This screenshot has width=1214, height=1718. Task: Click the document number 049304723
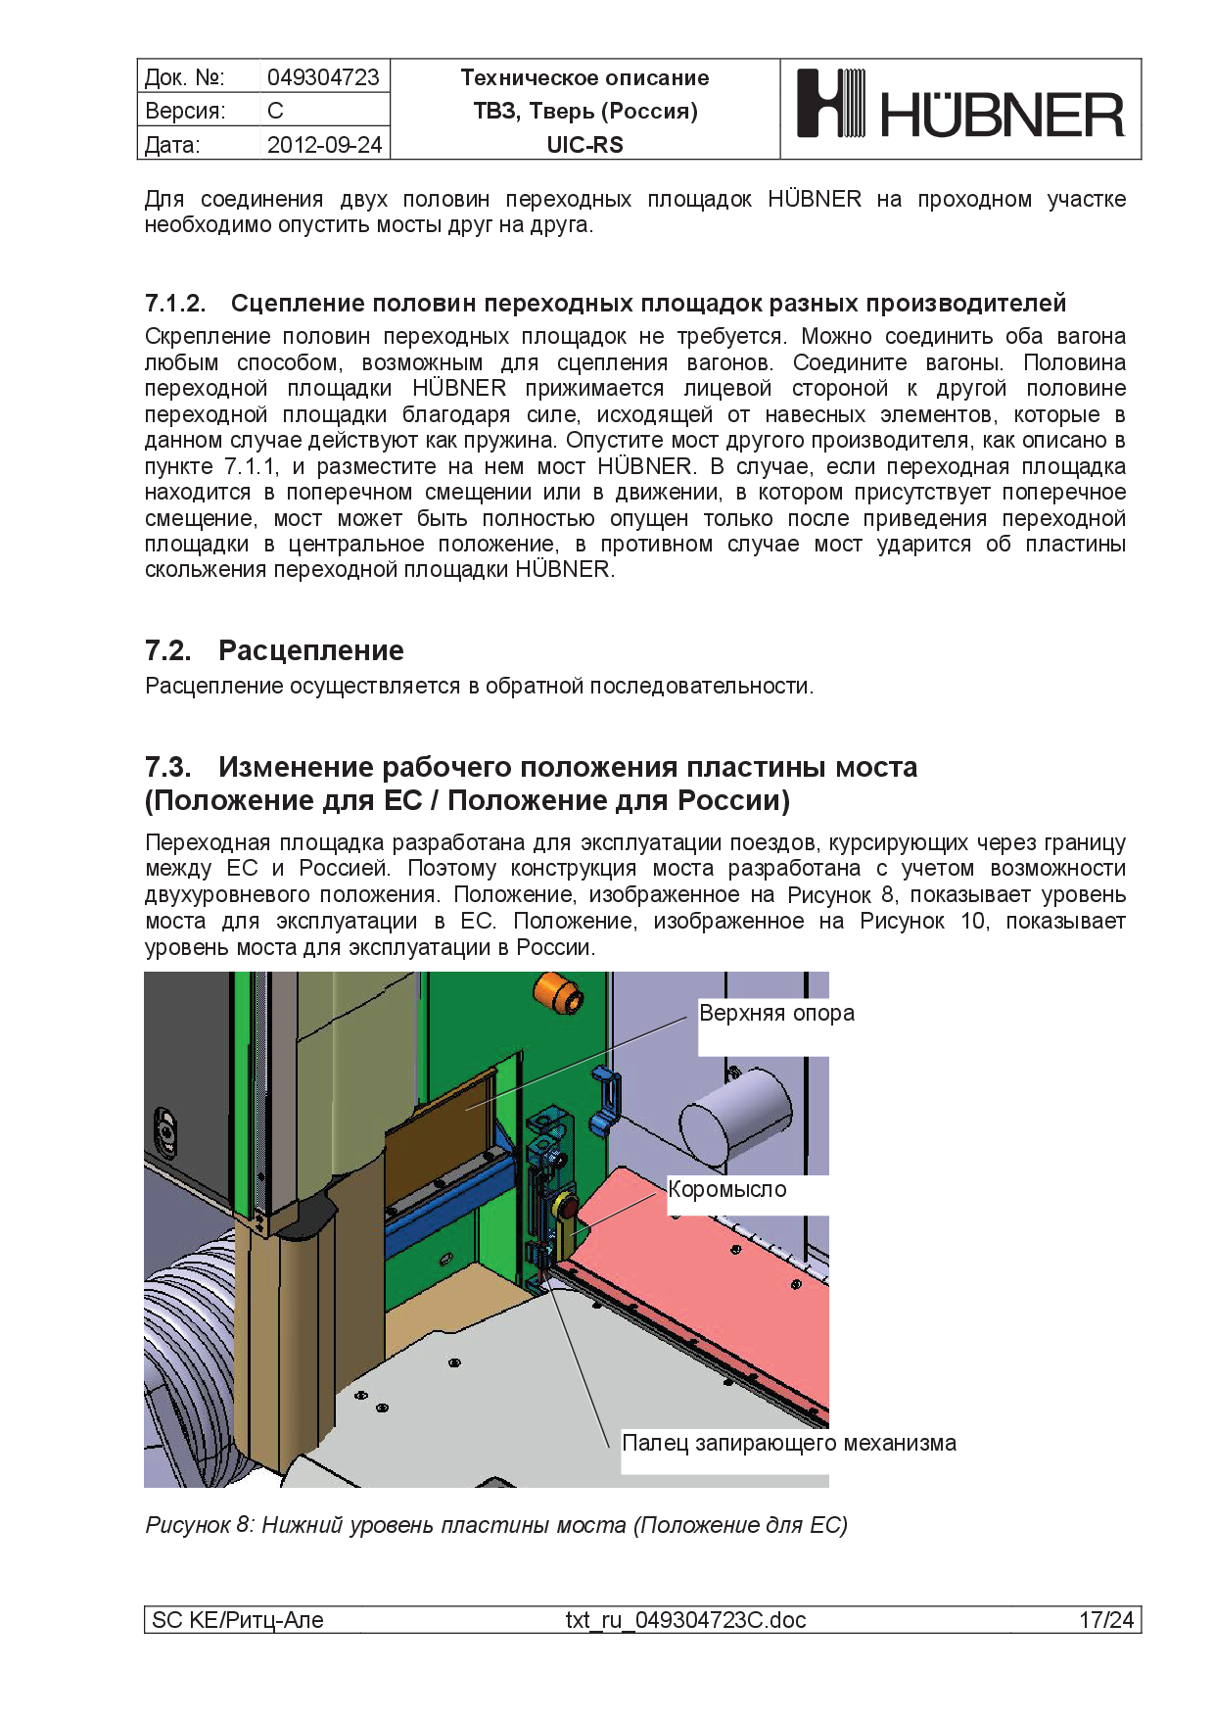323,77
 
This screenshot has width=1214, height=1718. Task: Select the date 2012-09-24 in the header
324,145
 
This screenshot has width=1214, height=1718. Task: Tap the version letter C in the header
275,111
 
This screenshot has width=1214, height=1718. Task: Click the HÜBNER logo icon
830,103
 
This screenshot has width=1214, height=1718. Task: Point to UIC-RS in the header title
584,145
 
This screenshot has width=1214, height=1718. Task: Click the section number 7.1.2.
175,304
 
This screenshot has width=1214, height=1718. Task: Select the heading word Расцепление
310,650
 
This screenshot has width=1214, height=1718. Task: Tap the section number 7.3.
168,767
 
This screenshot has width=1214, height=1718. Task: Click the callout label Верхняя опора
776,1013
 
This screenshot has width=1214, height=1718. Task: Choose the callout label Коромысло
727,1189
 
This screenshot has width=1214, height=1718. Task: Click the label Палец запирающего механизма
789,1443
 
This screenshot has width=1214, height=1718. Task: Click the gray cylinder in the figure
734,1116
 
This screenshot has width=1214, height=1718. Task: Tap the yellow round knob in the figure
565,1205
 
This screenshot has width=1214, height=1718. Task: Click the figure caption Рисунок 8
495,1525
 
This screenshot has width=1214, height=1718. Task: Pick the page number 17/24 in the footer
1105,1620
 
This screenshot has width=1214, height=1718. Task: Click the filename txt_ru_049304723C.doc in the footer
685,1620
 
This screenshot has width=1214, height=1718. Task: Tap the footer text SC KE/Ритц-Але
238,1620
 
